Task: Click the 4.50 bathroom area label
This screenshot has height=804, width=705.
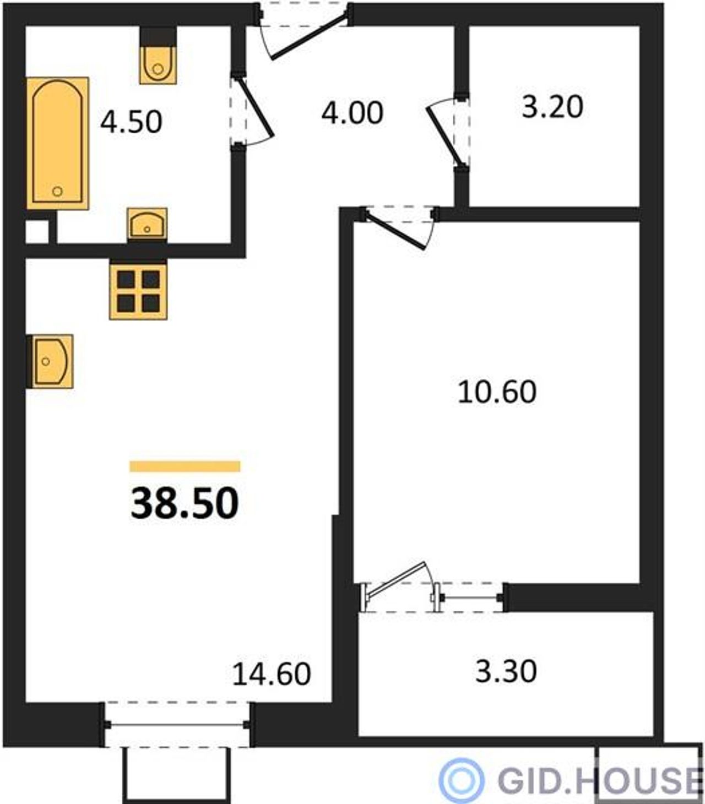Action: [131, 122]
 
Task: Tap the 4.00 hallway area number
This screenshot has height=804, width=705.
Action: [352, 113]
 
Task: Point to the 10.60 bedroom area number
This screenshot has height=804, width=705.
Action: [497, 392]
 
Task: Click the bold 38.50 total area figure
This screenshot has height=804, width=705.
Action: [185, 503]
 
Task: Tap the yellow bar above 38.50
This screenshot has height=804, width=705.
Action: [185, 466]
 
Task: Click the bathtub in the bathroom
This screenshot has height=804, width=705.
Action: [58, 143]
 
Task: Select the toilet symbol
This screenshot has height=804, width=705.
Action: [158, 64]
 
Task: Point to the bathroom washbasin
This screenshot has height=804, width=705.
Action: [147, 224]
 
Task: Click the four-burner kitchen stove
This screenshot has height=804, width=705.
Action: [138, 292]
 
